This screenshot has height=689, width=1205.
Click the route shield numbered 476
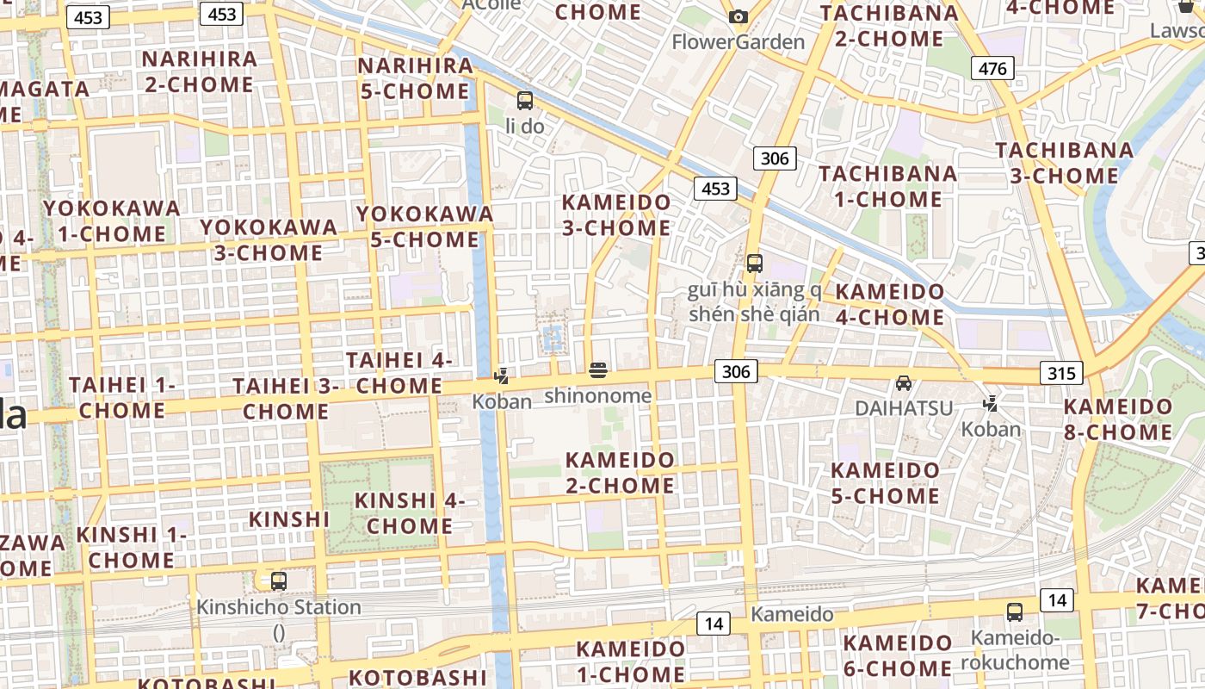992,68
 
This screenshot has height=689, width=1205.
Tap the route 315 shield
1061,373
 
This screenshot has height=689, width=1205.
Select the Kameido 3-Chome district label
615,215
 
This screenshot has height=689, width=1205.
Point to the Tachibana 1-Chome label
887,186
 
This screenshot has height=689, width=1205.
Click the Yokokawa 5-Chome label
424,227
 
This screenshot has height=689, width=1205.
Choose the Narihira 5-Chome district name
415,78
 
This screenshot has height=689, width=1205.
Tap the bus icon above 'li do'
524,101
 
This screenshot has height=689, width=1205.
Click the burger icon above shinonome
598,371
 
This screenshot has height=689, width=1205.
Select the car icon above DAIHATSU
904,382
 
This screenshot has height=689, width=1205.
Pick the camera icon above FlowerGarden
738,16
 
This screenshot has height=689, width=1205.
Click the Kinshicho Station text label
279,607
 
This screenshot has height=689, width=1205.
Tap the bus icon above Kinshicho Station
278,580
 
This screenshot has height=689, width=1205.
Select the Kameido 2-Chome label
620,473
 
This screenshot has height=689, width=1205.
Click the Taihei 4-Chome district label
399,373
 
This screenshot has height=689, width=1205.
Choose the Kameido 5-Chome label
885,483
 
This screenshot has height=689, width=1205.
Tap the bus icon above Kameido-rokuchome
1015,612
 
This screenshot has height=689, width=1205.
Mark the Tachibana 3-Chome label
1065,163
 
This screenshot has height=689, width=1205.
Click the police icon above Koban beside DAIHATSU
991,402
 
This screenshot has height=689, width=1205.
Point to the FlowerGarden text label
738,41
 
